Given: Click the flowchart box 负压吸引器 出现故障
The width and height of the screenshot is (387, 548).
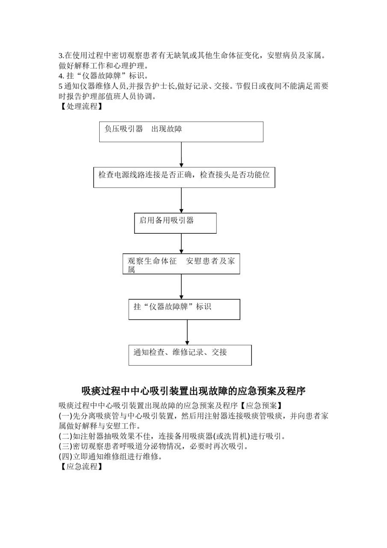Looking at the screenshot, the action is pos(181,131).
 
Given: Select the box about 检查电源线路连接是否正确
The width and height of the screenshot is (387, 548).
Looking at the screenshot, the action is pos(184,177).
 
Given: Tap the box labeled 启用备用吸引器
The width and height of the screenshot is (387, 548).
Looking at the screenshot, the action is pos(175,223).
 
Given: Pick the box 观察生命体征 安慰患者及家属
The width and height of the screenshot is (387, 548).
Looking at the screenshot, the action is pos(181,264).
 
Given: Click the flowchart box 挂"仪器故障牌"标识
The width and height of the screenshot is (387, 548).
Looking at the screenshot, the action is pos(184,309).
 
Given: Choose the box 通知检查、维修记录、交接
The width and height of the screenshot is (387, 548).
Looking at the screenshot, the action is pos(190,355).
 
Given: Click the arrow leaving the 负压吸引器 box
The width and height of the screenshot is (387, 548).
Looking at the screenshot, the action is pos(181,155).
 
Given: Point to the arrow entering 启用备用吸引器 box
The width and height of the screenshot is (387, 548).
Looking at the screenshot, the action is pos(181,200).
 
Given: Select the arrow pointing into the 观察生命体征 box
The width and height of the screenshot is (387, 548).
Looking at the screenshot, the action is pos(181,244).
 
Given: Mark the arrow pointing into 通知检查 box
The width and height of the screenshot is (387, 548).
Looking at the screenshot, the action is pos(187,332).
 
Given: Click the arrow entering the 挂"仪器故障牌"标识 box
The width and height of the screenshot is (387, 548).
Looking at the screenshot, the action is pos(181,286).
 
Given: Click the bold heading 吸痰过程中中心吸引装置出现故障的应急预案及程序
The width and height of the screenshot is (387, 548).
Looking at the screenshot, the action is pos(193,391).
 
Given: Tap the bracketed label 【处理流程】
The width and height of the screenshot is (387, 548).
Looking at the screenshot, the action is pos(81,107).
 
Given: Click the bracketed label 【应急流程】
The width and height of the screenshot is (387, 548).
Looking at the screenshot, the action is pos(81,466).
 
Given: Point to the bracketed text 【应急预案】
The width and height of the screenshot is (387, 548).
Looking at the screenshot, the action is pos(261,405).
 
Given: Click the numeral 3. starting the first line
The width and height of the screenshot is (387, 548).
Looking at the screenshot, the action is pos(61,56).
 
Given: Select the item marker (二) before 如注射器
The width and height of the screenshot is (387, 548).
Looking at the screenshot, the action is pos(65,436).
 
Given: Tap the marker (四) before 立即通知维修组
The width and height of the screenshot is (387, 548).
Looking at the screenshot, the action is pos(65,456).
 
